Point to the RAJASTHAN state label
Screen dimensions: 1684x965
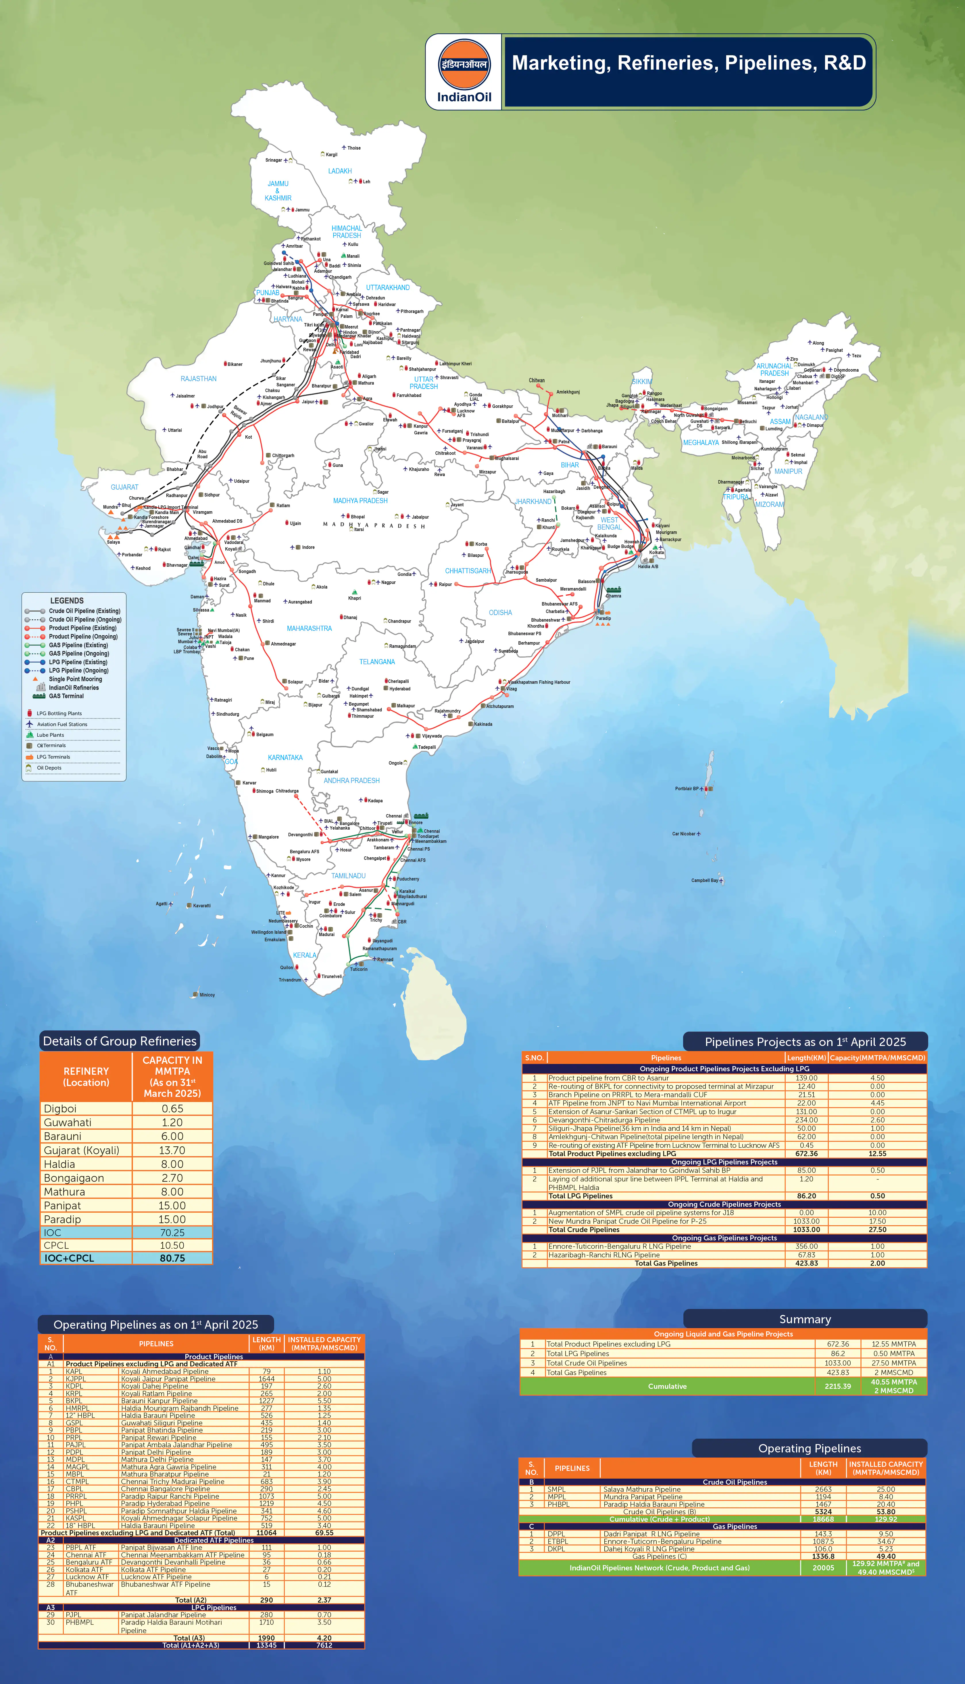[198, 379]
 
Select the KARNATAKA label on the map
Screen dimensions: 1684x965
[285, 757]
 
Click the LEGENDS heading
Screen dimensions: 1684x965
[67, 600]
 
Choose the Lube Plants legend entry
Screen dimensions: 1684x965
[50, 735]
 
